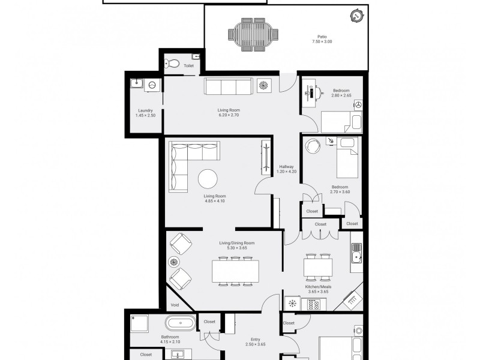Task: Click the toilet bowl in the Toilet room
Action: tap(172, 64)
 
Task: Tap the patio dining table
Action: tap(253, 34)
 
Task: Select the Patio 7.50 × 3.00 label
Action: tap(322, 39)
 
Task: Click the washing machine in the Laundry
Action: tap(153, 85)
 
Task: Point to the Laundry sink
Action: tap(137, 83)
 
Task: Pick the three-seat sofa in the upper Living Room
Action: tap(229, 86)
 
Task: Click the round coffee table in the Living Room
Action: tap(208, 179)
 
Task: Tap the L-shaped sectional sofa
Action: tap(190, 164)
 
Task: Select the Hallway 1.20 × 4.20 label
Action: tap(287, 169)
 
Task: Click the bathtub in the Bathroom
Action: tap(181, 323)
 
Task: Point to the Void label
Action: tap(175, 305)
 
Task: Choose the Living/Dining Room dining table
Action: tap(235, 271)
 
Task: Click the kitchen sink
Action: tap(356, 253)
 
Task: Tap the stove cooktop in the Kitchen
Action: tap(313, 304)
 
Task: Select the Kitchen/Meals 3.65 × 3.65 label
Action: tap(319, 289)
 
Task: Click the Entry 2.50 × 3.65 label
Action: tap(256, 342)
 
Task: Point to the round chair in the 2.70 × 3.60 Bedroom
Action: tap(313, 146)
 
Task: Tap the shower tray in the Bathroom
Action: tap(139, 323)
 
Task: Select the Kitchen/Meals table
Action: tap(318, 268)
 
